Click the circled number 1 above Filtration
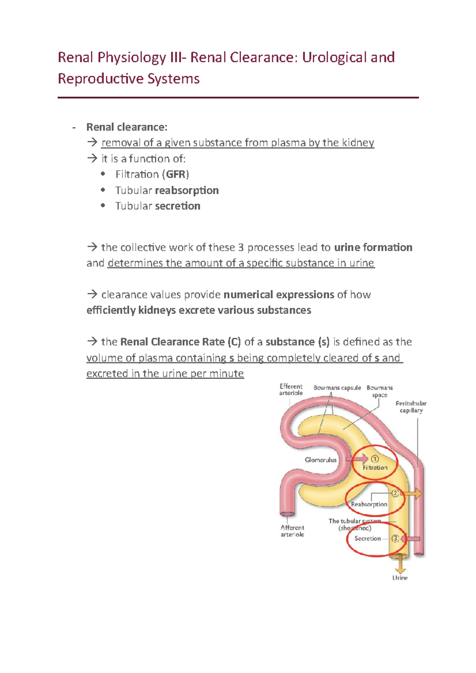click(x=374, y=459)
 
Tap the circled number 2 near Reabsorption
click(x=395, y=493)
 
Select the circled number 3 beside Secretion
click(x=395, y=539)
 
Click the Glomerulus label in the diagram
click(x=321, y=460)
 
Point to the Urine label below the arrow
click(x=400, y=578)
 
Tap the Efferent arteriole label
click(x=291, y=390)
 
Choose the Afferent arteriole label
click(x=292, y=531)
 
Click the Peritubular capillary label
click(x=411, y=407)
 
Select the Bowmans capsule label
click(x=337, y=388)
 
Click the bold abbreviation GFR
click(x=176, y=174)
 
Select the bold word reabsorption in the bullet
click(x=187, y=190)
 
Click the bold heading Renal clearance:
click(x=127, y=127)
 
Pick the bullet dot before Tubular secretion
click(x=103, y=205)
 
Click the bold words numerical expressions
click(x=279, y=294)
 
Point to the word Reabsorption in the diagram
click(x=369, y=505)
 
